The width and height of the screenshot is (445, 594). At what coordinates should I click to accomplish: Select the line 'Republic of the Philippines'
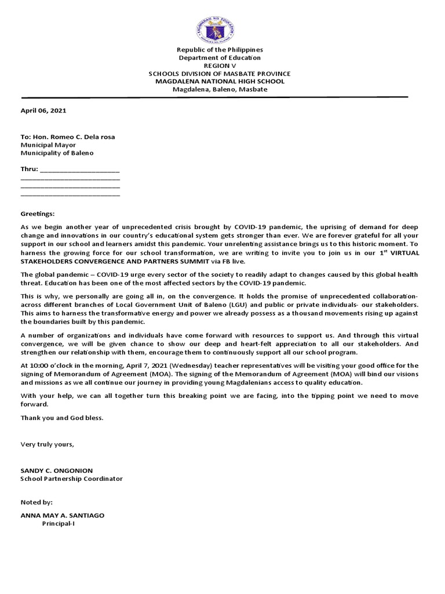(220, 50)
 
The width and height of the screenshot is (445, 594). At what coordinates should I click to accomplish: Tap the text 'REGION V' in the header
(220, 66)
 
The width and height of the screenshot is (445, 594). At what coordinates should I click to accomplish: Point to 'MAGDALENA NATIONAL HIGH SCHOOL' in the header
(220, 82)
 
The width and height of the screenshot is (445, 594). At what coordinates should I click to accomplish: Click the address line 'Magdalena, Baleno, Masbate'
(220, 90)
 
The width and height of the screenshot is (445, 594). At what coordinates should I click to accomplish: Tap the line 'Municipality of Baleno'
(57, 154)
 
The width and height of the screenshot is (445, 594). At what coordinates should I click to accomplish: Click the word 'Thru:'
(30, 170)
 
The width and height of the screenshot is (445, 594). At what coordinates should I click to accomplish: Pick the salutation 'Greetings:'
(38, 214)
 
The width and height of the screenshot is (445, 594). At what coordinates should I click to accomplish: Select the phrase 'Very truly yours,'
(48, 445)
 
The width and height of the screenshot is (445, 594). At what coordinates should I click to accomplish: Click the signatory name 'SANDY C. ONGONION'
(56, 471)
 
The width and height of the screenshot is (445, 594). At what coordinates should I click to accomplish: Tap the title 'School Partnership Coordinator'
(71, 479)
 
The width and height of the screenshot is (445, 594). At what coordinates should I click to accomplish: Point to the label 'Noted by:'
(36, 502)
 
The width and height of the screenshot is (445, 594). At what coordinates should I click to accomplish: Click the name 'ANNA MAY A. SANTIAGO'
(63, 516)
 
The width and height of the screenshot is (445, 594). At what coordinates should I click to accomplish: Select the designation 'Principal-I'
(58, 524)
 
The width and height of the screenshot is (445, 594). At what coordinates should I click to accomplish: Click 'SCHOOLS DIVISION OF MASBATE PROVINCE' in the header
(220, 74)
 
